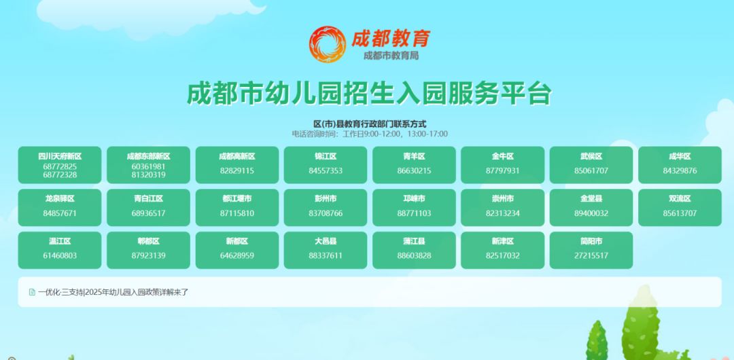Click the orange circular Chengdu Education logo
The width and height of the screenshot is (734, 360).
327,44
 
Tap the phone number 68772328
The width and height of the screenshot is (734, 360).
60,175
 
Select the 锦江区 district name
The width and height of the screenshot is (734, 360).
326,156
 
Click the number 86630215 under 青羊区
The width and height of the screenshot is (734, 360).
414,170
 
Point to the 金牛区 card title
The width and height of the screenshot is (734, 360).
503,156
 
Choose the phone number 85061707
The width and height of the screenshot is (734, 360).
591,170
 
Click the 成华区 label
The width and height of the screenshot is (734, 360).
680,156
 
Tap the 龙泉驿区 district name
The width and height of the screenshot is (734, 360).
60,199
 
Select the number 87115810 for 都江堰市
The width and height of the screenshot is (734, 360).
237,213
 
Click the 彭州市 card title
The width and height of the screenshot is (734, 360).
326,199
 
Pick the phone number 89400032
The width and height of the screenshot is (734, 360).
591,213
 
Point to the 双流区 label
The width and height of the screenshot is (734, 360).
680,199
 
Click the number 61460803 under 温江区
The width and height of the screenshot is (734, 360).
60,255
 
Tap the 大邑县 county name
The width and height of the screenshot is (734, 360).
326,242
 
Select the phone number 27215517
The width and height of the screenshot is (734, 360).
591,255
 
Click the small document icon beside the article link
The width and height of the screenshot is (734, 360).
32,292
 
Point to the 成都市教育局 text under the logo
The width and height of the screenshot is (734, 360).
391,56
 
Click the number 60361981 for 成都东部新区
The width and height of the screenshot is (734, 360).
148,166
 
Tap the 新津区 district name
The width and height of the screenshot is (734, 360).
503,242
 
